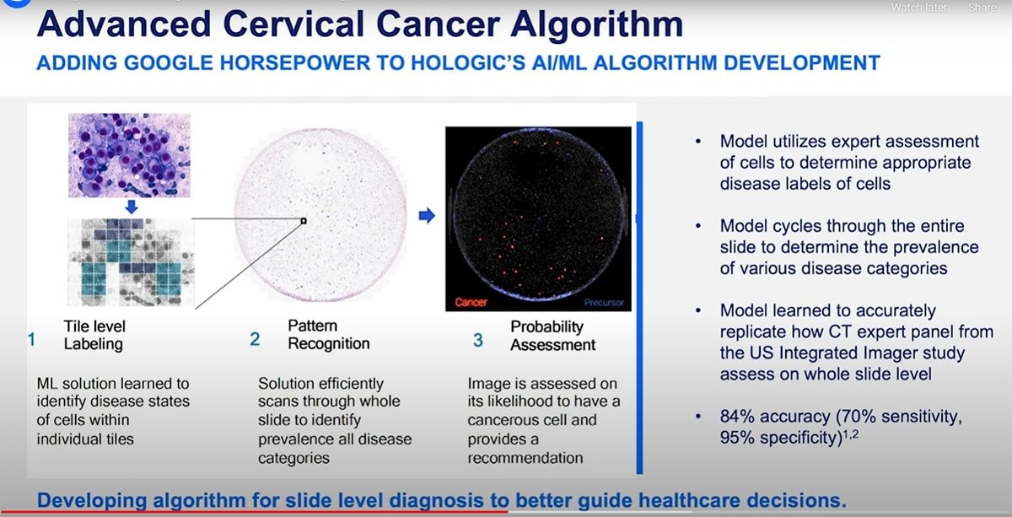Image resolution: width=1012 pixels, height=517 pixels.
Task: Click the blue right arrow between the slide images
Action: point(427,216)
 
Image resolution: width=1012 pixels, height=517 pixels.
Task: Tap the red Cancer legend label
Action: point(471,302)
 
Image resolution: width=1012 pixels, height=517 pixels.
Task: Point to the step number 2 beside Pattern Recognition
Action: point(255,340)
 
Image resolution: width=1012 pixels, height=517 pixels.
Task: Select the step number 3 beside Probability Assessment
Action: point(478,340)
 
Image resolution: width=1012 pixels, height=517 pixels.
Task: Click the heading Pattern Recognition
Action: point(328,335)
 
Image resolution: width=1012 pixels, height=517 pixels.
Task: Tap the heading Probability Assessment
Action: point(552,335)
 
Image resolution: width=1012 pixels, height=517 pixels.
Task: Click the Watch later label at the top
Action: point(918,8)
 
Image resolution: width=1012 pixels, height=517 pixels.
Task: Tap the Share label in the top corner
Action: point(982,8)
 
